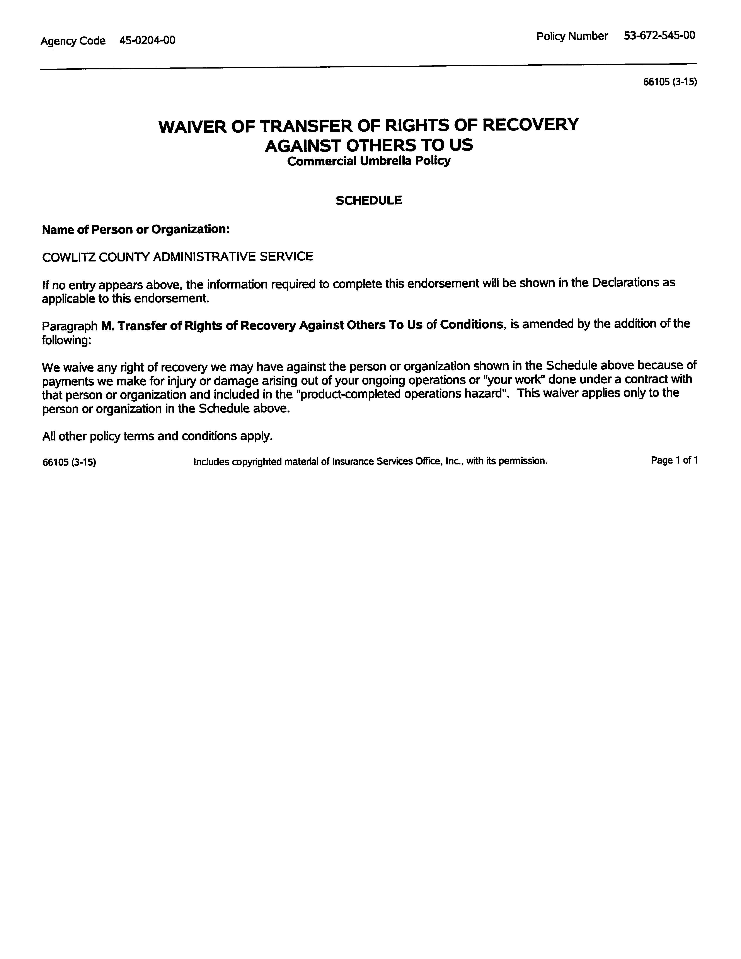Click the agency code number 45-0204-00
[x=147, y=40]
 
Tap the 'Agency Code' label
[x=73, y=41]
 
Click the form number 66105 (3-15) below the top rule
[x=669, y=82]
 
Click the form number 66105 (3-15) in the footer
[x=69, y=462]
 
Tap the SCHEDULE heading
[x=368, y=200]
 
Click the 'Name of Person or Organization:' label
[x=136, y=229]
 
